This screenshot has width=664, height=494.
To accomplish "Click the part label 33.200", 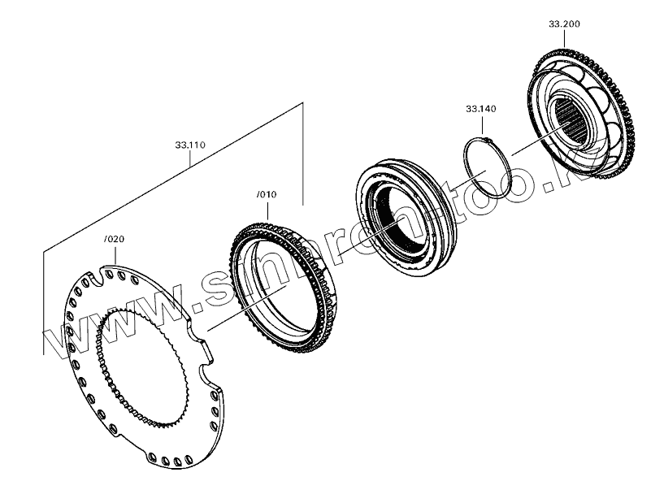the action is (564, 25).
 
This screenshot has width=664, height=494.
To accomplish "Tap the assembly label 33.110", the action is (189, 145).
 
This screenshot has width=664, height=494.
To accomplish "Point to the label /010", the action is (267, 195).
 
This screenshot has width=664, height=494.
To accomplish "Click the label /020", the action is (115, 240).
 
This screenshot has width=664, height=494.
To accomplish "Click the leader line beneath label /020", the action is (115, 256).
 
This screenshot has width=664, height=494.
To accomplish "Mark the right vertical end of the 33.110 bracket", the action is (302, 154).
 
